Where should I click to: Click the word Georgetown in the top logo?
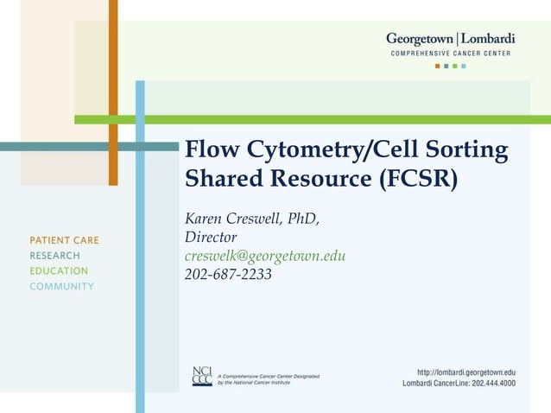pyautogui.click(x=421, y=39)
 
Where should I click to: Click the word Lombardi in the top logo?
pyautogui.click(x=488, y=39)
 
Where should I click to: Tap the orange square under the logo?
pyautogui.click(x=438, y=66)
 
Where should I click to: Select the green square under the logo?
pyautogui.click(x=446, y=66)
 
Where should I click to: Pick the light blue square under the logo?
pyautogui.click(x=464, y=66)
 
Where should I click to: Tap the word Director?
pyautogui.click(x=211, y=237)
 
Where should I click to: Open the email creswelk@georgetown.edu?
pyautogui.click(x=265, y=256)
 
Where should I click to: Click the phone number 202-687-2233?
pyautogui.click(x=228, y=275)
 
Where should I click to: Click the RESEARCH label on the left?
pyautogui.click(x=54, y=256)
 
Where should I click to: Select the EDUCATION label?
pyautogui.click(x=59, y=271)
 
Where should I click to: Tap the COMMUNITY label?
pyautogui.click(x=62, y=287)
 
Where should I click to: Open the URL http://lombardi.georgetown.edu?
pyautogui.click(x=466, y=371)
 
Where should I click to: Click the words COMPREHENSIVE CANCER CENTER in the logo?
pyautogui.click(x=450, y=53)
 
